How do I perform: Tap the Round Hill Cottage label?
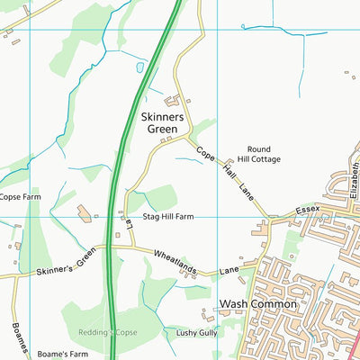pos(259,154)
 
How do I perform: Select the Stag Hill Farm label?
pos(168,217)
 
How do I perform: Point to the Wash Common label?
pos(258,304)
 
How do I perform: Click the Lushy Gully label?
pos(197,333)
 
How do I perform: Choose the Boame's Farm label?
pos(62,353)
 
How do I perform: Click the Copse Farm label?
pos(20,196)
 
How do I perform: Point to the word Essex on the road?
pos(309,211)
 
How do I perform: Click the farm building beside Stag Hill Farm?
pos(85,214)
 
